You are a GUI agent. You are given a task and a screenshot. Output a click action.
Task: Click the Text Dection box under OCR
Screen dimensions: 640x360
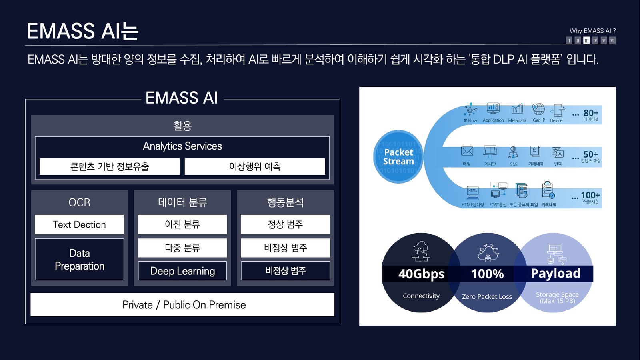pyautogui.click(x=79, y=224)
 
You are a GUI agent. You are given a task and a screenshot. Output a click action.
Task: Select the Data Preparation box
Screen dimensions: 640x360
pyautogui.click(x=79, y=259)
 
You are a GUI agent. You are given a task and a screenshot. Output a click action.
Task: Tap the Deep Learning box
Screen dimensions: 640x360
pyautogui.click(x=182, y=271)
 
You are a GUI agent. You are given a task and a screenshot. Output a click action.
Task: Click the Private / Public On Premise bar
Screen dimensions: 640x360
pyautogui.click(x=182, y=305)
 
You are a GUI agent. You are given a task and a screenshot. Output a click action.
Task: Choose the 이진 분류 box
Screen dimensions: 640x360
pyautogui.click(x=182, y=224)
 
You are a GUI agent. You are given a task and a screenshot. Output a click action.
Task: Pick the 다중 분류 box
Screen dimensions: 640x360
pyautogui.click(x=182, y=248)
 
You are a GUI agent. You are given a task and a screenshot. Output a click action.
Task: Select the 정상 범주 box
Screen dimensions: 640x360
pyautogui.click(x=285, y=224)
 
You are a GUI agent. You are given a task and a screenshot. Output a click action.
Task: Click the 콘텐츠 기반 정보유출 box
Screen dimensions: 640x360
pyautogui.click(x=110, y=166)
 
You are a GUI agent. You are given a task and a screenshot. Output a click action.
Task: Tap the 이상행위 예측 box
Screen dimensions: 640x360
pyautogui.click(x=255, y=166)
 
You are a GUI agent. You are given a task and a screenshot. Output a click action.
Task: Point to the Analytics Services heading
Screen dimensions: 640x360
pyautogui.click(x=182, y=146)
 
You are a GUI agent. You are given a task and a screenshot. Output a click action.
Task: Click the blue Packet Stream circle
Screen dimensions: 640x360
pyautogui.click(x=398, y=157)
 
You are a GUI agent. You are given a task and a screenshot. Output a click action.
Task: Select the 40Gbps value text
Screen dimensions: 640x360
pyautogui.click(x=421, y=274)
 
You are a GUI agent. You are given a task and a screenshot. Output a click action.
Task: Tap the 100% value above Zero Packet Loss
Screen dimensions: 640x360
pyautogui.click(x=487, y=274)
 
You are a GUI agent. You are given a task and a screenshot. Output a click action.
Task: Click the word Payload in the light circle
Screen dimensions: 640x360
pyautogui.click(x=556, y=273)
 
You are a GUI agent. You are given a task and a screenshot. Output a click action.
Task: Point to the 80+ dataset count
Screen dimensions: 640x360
pyautogui.click(x=591, y=113)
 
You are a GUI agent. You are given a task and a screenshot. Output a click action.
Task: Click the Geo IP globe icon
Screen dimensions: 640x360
pyautogui.click(x=538, y=109)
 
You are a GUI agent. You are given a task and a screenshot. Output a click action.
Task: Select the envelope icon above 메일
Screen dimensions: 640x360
pyautogui.click(x=467, y=151)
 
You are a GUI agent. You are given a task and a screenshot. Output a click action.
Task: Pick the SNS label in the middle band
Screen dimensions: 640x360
pyautogui.click(x=514, y=164)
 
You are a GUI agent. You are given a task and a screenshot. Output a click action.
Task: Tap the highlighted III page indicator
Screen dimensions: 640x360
pyautogui.click(x=586, y=40)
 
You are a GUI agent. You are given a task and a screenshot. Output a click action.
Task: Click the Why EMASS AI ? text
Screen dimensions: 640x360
pyautogui.click(x=592, y=31)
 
